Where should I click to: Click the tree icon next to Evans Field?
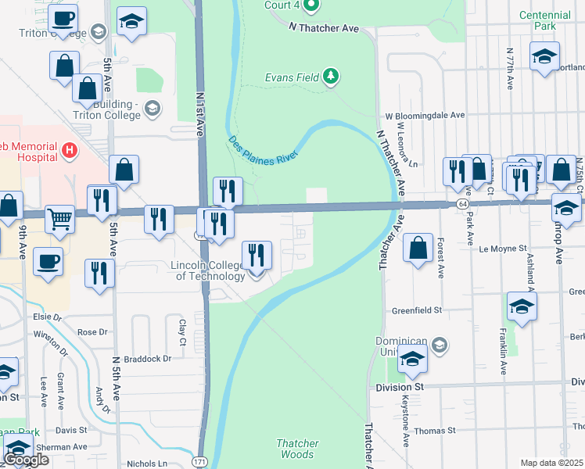[x=332, y=76]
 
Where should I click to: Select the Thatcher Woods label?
[x=297, y=449]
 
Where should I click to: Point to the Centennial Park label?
[x=545, y=20]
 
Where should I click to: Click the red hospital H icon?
[x=70, y=149]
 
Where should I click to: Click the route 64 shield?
[x=463, y=203]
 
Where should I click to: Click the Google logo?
[x=26, y=460]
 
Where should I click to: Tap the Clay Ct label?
[x=182, y=326]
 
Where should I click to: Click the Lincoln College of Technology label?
[x=208, y=270]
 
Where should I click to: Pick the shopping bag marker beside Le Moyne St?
[x=419, y=248]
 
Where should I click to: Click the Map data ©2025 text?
[x=551, y=463]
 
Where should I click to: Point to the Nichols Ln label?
[x=147, y=463]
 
